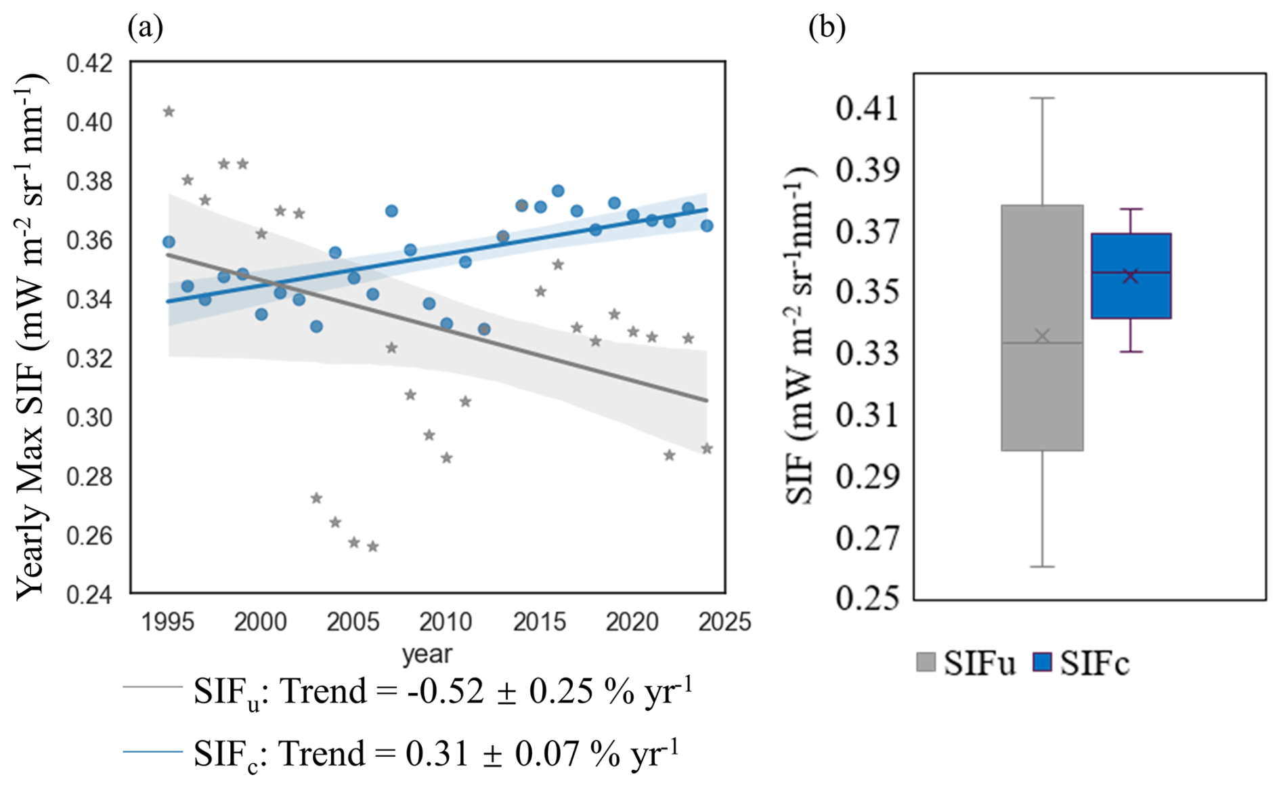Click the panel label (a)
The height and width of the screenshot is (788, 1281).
click(x=145, y=28)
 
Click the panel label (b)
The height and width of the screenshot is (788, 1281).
click(x=827, y=28)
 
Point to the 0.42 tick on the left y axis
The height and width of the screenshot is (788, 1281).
click(x=89, y=64)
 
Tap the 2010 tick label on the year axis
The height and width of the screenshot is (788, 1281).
click(x=446, y=621)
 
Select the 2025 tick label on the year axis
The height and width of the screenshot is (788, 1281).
click(x=724, y=621)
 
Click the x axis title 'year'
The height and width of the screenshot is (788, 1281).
click(x=427, y=655)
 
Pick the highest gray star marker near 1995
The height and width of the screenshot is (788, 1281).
click(x=169, y=112)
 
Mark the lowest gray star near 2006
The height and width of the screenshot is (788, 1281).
click(x=372, y=547)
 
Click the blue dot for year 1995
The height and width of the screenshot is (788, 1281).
click(x=169, y=242)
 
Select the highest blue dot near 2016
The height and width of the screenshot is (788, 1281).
click(x=558, y=191)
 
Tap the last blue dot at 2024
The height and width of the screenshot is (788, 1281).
click(x=707, y=226)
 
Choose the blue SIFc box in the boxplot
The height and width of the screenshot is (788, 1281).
click(x=1131, y=298)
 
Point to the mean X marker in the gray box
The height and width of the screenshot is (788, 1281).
click(x=1043, y=336)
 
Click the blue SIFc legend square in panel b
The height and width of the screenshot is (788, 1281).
click(x=1043, y=662)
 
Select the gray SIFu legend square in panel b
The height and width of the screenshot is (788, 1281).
click(x=926, y=662)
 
